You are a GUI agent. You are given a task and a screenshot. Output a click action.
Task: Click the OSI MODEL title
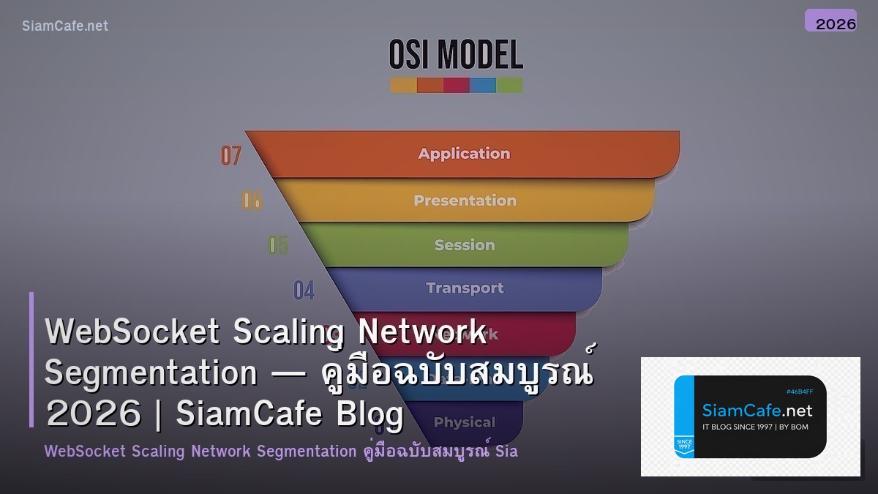coord(456,56)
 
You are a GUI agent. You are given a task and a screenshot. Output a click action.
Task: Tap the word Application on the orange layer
coord(464,154)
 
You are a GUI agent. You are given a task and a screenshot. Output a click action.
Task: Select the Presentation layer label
coord(465,201)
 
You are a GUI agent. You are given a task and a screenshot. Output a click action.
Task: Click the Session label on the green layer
coord(465,245)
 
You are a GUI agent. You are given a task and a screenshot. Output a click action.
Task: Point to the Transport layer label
coord(465,288)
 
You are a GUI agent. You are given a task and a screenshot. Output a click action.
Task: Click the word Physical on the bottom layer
coord(465,422)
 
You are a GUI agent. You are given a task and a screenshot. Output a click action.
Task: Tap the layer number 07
coord(231,155)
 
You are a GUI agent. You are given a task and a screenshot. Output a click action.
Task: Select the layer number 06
coord(252,200)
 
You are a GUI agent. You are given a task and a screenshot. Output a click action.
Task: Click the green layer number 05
coord(278,244)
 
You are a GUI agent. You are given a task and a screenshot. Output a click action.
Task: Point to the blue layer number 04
coord(304,290)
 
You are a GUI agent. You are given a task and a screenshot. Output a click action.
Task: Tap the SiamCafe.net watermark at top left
coord(65,26)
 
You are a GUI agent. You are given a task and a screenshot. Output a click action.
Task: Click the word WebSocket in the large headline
coord(132,332)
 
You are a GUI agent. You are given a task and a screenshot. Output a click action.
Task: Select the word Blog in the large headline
coord(369,414)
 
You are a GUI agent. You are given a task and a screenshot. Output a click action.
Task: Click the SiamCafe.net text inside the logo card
coord(757,411)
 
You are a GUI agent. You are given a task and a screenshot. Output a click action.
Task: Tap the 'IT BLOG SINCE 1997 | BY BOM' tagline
coord(755,427)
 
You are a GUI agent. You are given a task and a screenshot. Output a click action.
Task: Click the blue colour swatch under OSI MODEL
coord(483,85)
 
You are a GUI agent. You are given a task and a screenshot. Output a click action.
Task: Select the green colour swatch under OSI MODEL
coord(509,85)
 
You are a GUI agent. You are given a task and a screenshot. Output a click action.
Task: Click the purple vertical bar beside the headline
coord(31,359)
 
